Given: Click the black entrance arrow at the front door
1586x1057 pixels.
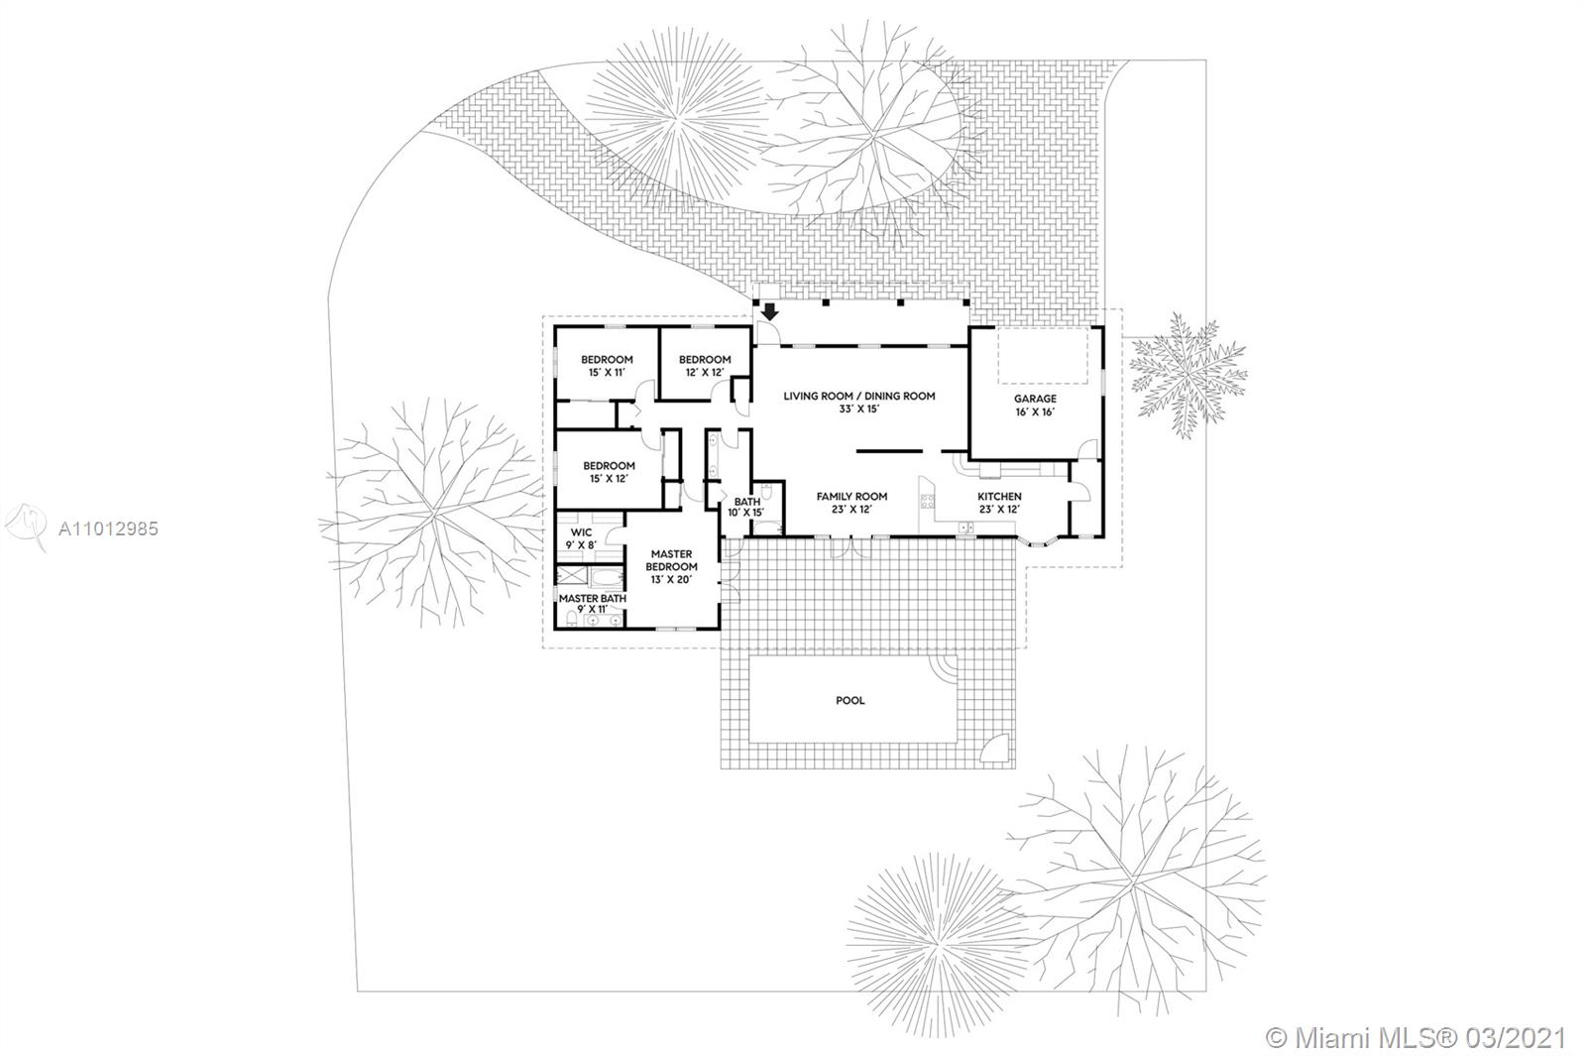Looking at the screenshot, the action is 769,311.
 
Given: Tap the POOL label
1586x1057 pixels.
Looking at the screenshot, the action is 850,701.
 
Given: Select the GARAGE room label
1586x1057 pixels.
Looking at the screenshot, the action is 1035,399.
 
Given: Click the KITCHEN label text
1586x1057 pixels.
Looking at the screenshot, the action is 1000,497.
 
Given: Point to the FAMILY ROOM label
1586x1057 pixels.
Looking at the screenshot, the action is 851,497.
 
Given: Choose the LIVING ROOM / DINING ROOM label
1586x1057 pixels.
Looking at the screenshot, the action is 858,396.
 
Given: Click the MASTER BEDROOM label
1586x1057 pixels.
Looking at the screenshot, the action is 671,560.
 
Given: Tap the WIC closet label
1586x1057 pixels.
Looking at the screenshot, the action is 581,532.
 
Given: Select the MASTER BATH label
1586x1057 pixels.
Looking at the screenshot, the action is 593,599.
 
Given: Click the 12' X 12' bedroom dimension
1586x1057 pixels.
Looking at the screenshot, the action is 705,373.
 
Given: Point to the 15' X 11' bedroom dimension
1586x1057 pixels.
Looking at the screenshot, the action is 607,373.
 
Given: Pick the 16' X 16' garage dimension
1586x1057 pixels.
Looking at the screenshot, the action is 1035,412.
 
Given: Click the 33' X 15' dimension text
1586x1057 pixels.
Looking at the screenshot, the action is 858,410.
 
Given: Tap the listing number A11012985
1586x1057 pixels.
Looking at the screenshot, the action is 108,528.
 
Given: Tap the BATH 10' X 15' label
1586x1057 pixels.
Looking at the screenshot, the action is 747,508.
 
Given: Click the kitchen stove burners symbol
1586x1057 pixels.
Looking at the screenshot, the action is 927,502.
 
